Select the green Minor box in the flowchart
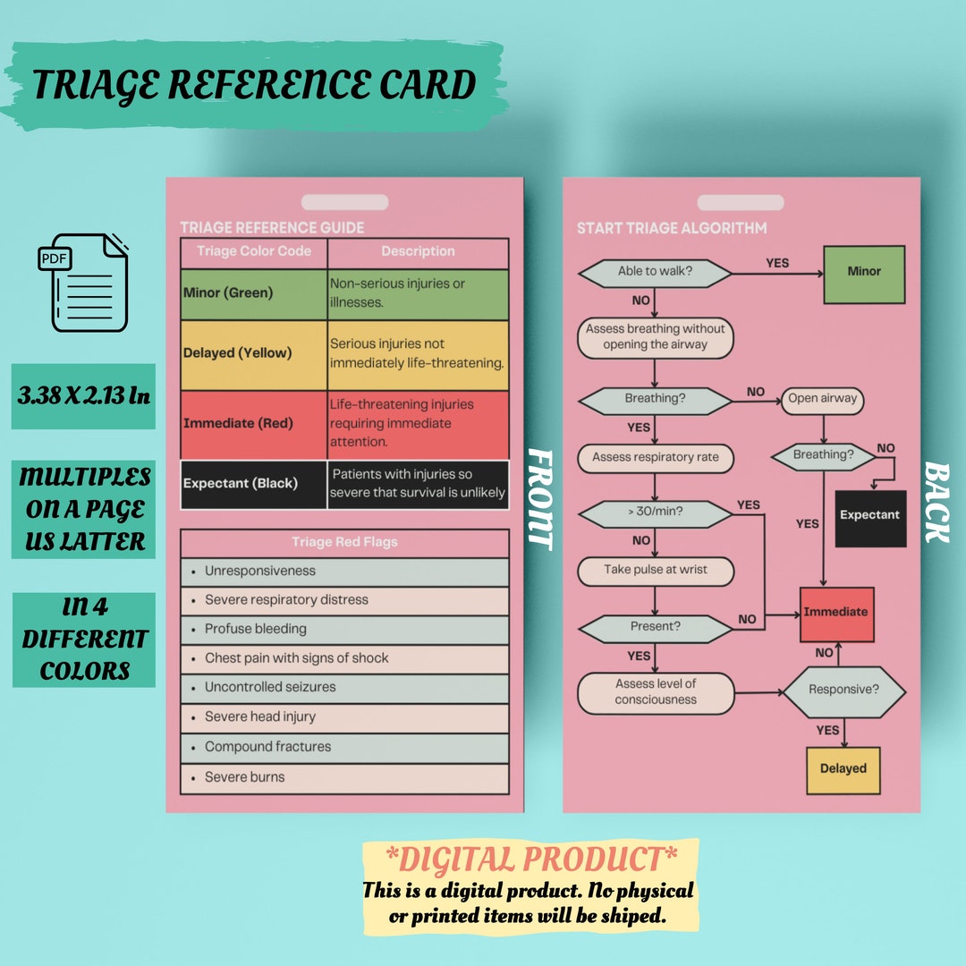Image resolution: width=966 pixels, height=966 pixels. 863,272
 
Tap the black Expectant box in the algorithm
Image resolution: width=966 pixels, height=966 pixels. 869,515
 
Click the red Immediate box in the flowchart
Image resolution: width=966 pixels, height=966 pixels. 835,614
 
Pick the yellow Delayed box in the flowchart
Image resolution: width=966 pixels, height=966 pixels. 843,769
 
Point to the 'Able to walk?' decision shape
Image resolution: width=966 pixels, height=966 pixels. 655,272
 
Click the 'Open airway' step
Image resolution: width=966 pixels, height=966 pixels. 822,400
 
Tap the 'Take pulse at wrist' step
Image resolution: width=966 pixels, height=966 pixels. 655,571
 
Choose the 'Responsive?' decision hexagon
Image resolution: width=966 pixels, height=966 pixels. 843,691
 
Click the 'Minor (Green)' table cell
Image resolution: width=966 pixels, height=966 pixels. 254,293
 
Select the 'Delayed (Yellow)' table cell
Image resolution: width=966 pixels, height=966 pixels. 254,354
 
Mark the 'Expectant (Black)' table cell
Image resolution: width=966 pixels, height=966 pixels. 254,484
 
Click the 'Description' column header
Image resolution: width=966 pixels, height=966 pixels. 418,252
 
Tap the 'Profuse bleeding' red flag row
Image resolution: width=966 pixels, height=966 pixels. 344,630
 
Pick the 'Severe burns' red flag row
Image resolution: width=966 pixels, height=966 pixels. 344,777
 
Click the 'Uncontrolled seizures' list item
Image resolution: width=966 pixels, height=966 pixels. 344,688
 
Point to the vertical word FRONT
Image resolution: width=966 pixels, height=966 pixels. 539,497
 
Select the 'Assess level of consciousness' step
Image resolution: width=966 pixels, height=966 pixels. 655,692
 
